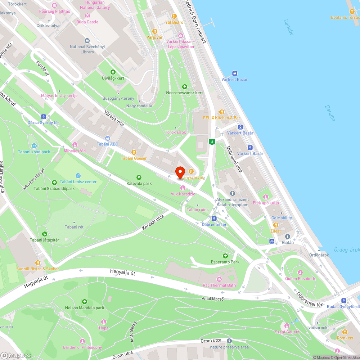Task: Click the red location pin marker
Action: [180, 172]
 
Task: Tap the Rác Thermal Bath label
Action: [219, 285]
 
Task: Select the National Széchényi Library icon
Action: [86, 41]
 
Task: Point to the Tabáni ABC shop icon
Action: [107, 138]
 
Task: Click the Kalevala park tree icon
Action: [139, 177]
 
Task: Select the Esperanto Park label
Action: [225, 262]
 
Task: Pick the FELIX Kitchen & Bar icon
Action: [222, 112]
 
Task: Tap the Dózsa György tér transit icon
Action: [44, 117]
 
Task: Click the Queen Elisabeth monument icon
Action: [300, 272]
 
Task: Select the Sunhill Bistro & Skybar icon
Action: [37, 263]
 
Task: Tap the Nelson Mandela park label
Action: [85, 308]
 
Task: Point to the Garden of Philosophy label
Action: [82, 347]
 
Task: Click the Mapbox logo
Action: [16, 355]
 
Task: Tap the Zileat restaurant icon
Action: [276, 225]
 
